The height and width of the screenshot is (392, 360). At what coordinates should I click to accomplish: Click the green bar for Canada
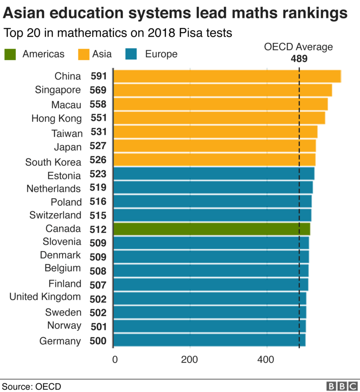click(211, 229)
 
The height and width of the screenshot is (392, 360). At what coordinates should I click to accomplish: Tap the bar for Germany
click(209, 340)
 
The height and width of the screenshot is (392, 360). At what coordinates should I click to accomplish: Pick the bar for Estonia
click(214, 174)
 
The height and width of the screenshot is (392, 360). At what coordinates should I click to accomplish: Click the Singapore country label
click(58, 90)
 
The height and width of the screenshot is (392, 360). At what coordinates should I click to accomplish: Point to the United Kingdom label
click(45, 297)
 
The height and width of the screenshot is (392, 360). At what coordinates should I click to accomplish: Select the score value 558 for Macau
click(98, 104)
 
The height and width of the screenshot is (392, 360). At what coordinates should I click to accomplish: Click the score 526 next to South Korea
click(98, 161)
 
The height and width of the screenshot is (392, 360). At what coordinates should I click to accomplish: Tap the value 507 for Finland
click(98, 285)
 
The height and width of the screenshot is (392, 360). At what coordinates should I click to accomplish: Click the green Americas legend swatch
click(10, 54)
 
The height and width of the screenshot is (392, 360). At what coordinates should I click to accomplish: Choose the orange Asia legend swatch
click(83, 54)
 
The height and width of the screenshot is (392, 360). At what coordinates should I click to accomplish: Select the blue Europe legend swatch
click(131, 54)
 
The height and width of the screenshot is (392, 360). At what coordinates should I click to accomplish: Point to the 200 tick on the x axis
click(190, 359)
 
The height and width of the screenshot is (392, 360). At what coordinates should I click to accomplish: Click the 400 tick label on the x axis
click(266, 359)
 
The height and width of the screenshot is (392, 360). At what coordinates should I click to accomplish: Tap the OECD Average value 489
click(298, 58)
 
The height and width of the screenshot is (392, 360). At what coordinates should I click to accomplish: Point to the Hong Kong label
click(57, 119)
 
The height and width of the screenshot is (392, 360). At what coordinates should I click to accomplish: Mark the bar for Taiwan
click(215, 132)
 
